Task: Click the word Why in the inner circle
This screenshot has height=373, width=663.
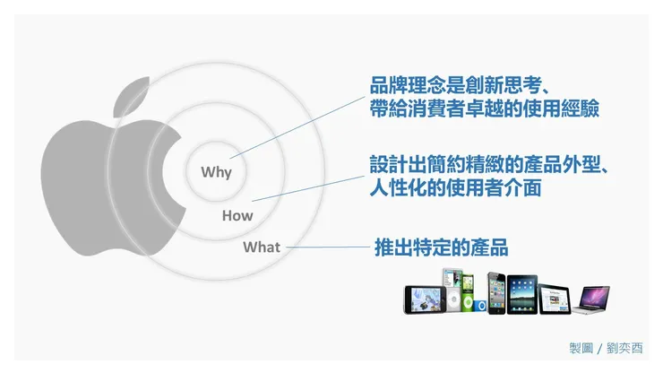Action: pos(216,172)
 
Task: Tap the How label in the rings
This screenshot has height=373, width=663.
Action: pos(237,215)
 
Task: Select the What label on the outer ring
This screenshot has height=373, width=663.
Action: pos(262,247)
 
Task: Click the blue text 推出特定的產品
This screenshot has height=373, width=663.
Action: pos(441,247)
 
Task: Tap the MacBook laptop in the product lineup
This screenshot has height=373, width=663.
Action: pos(592,299)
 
